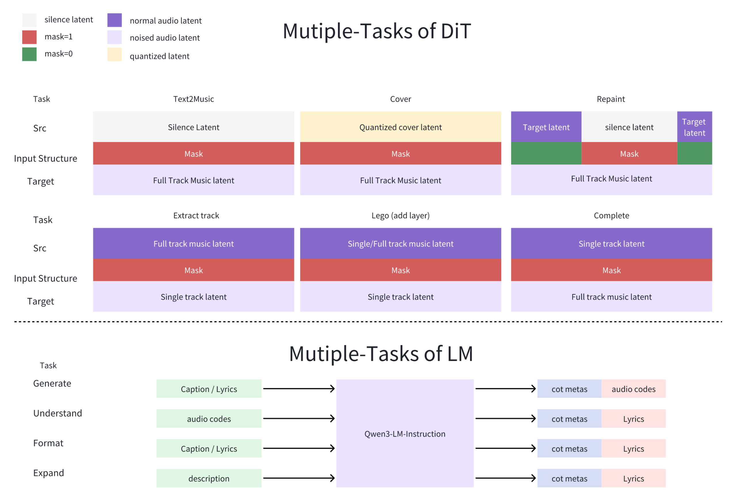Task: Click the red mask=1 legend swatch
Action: click(29, 37)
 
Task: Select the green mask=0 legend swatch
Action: click(29, 54)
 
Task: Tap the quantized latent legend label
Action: click(159, 56)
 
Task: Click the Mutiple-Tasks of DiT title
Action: click(377, 31)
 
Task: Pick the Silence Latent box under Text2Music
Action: click(193, 127)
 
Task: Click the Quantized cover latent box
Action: click(400, 127)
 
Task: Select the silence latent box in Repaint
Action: click(629, 127)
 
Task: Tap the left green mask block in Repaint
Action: click(546, 153)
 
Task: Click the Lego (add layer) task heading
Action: click(400, 215)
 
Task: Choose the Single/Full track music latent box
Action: click(400, 243)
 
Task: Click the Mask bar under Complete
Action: click(611, 270)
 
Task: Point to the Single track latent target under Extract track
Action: click(193, 297)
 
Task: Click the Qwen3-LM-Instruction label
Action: click(405, 434)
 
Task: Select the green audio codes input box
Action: click(209, 419)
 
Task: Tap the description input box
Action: click(209, 478)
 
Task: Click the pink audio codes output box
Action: click(633, 389)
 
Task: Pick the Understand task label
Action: click(57, 413)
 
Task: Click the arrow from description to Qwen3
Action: click(299, 478)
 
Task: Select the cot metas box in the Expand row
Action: click(569, 478)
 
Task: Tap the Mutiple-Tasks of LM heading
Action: click(381, 354)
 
